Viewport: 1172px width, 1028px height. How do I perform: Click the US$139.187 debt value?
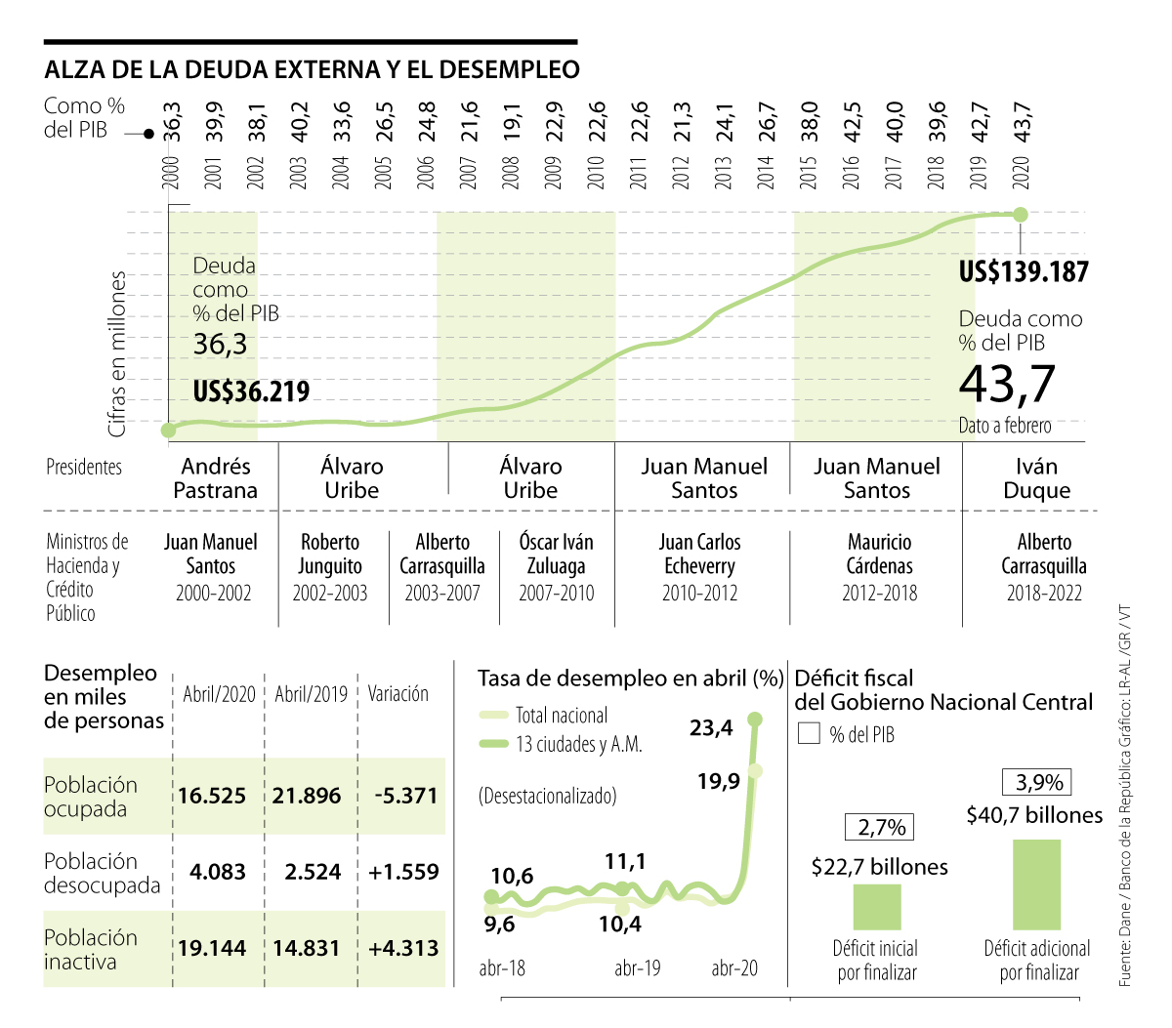tap(1024, 271)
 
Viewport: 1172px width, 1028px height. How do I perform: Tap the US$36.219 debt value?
tap(251, 391)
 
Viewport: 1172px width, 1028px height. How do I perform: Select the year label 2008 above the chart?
tap(510, 174)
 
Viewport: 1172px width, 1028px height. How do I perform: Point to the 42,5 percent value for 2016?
tap(853, 122)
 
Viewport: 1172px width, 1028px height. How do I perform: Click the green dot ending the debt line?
tap(1021, 214)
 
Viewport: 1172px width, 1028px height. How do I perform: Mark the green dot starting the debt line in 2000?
tap(168, 430)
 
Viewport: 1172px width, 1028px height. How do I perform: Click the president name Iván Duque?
tap(1036, 478)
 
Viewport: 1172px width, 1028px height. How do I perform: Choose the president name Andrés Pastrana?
tap(216, 478)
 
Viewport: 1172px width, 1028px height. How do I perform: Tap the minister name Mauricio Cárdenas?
tap(879, 554)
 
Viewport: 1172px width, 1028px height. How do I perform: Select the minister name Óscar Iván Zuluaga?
tap(556, 554)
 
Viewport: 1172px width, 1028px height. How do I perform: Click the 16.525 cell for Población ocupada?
tap(212, 796)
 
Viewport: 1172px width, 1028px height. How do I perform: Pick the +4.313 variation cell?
tap(403, 948)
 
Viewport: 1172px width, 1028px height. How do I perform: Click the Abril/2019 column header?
tap(311, 694)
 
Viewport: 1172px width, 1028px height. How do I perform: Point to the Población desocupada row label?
tap(102, 873)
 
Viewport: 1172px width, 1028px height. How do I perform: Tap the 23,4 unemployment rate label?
tap(711, 727)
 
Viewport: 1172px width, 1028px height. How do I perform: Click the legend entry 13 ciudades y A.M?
tap(578, 744)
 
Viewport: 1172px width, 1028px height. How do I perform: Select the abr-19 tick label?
tap(638, 967)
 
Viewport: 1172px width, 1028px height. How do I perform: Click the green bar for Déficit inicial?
tap(876, 907)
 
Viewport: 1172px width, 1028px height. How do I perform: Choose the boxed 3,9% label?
tap(1038, 782)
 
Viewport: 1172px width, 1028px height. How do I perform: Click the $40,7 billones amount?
tap(1034, 815)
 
